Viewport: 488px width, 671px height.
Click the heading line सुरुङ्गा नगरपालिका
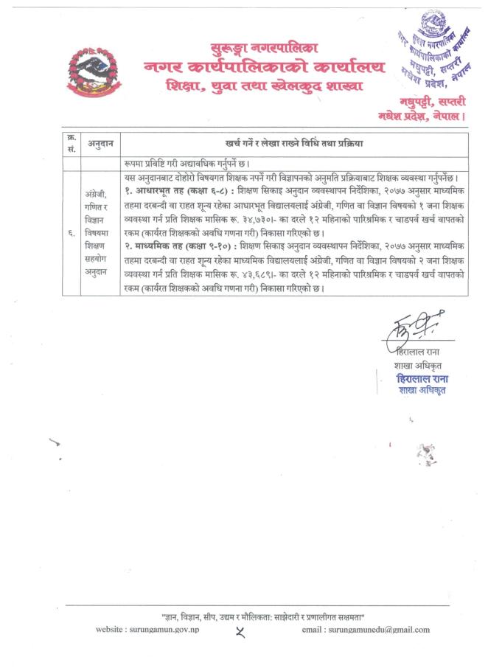pos(262,48)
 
